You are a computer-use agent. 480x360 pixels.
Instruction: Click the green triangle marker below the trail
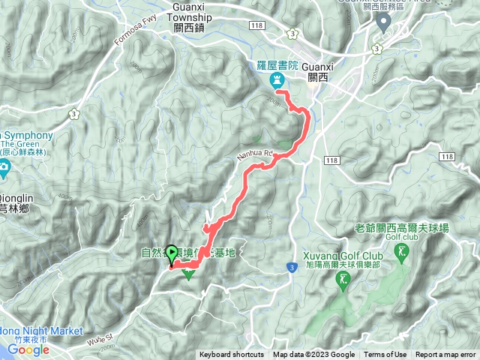point(189,274)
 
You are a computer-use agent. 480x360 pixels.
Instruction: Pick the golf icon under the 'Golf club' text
point(406,251)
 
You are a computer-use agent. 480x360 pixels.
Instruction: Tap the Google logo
point(28,349)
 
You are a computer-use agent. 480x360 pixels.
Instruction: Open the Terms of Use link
point(385,355)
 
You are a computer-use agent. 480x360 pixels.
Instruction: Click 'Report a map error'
point(446,355)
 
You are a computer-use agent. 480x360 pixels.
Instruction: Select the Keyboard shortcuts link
point(232,355)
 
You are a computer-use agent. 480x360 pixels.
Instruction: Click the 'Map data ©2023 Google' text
point(314,355)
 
